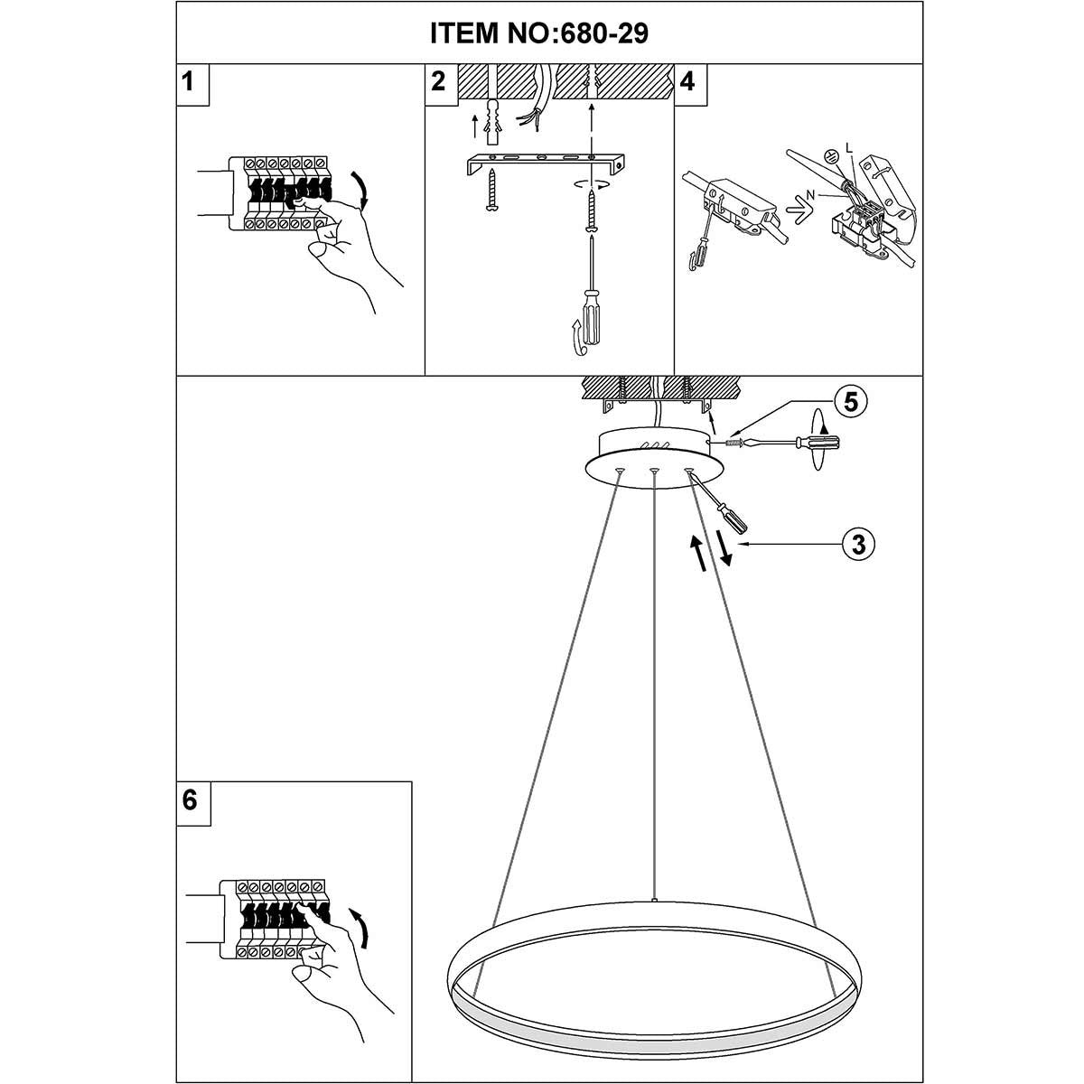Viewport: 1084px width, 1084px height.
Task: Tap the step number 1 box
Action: click(x=192, y=84)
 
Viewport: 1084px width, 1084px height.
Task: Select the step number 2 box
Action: click(x=441, y=84)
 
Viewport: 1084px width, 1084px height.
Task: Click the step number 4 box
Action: click(x=690, y=84)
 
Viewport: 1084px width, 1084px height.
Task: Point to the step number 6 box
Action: click(x=193, y=803)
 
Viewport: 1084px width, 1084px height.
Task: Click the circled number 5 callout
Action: click(x=851, y=402)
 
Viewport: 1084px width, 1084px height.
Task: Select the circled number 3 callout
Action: click(x=859, y=545)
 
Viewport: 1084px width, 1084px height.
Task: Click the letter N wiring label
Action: click(x=810, y=194)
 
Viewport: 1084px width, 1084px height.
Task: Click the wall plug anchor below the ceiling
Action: click(x=493, y=122)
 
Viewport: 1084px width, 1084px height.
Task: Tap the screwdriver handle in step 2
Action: click(x=591, y=318)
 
